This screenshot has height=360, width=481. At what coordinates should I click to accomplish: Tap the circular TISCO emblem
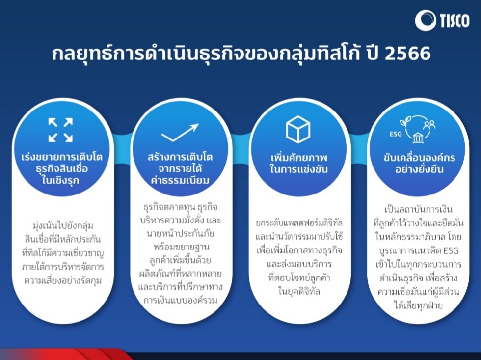(426, 21)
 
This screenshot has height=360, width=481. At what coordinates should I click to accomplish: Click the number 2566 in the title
(408, 53)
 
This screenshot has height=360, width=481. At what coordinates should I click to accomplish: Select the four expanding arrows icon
(60, 130)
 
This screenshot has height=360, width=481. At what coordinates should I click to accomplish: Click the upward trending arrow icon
(180, 132)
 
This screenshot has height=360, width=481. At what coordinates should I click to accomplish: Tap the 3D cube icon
(298, 129)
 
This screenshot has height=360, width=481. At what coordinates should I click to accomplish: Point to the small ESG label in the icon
(396, 134)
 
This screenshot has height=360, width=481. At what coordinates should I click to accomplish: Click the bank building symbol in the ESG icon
(418, 138)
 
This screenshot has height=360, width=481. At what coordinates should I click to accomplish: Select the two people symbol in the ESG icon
(429, 124)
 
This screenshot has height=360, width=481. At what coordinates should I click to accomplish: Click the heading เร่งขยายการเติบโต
(62, 157)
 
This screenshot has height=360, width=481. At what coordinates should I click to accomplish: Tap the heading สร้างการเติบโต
(180, 157)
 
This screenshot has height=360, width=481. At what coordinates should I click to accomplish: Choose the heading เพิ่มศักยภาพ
(299, 158)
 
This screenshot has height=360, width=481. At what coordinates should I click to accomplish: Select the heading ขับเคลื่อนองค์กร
(419, 157)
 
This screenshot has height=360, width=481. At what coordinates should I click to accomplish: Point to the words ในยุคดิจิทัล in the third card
(299, 291)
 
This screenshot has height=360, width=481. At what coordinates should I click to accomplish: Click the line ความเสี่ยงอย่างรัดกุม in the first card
(63, 280)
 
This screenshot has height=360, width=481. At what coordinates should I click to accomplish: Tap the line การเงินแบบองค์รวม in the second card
(181, 300)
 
